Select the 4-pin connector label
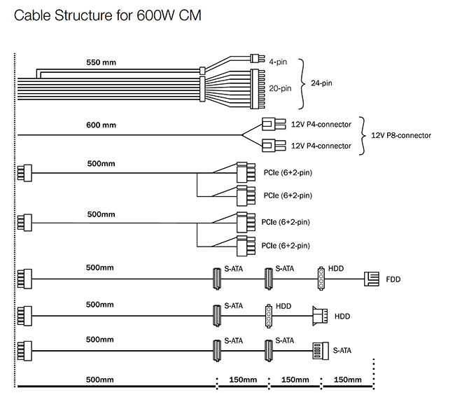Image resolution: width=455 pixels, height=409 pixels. pos(279,62)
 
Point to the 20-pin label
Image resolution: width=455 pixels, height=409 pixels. pos(280,89)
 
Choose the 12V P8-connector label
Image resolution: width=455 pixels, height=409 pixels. pos(400,135)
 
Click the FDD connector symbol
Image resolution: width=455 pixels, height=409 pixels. pos(371,279)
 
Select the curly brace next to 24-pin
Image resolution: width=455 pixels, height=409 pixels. pos(302,83)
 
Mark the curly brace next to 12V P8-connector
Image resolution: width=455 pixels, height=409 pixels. pos(363,135)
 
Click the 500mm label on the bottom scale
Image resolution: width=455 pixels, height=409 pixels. pos(99,380)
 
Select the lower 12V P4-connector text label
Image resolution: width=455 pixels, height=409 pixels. pos(321,146)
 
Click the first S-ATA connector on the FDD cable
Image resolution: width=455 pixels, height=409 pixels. pos(217,279)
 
